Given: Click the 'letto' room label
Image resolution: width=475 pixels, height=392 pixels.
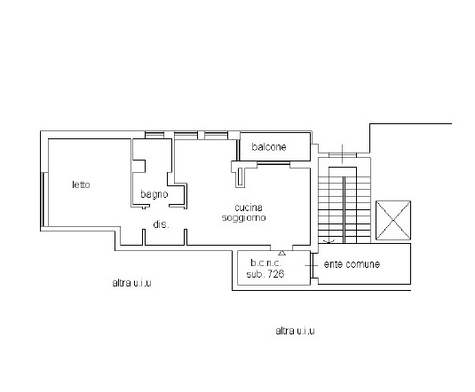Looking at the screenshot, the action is (81, 184).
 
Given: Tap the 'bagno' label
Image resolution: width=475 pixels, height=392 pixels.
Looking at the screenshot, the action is (154, 194).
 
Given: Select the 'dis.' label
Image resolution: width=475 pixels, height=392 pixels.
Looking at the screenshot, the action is (161, 224).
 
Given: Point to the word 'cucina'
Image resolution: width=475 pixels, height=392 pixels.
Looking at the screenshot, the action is (249, 208).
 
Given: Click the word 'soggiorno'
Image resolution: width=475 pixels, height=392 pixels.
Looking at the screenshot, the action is (244, 217).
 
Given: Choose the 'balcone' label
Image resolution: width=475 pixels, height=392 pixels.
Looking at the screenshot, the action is (269, 147).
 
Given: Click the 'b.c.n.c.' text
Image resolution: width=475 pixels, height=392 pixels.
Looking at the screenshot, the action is (266, 263).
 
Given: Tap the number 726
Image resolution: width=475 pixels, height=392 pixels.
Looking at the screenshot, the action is (276, 274).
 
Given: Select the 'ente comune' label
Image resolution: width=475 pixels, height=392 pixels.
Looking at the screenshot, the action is (352, 264).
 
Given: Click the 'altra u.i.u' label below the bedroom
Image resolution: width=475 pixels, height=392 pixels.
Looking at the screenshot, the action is (131, 283).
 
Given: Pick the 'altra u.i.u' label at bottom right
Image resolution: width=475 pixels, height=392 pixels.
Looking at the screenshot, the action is (295, 331).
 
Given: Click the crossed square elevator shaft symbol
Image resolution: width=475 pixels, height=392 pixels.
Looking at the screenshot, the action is (393, 220).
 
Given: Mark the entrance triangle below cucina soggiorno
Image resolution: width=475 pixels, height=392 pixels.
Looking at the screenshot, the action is (281, 253).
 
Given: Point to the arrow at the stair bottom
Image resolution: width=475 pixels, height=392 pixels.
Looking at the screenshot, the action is (329, 241).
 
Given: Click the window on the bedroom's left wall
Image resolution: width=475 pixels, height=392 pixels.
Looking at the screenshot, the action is (44, 200).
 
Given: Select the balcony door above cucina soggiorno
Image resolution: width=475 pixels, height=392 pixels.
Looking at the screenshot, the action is (273, 164).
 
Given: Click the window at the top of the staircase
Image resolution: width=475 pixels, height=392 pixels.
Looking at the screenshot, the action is (343, 155).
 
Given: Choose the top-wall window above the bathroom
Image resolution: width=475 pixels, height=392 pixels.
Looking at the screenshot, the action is (154, 135).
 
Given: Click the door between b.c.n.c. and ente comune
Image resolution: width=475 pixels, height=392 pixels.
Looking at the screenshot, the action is (312, 265).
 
